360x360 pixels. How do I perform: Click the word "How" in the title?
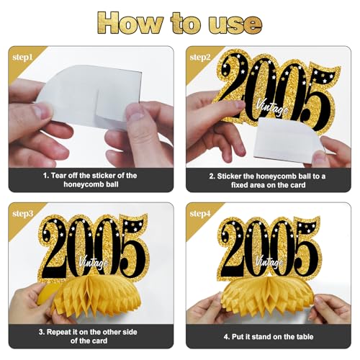130,23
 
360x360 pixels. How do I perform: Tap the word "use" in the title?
235,25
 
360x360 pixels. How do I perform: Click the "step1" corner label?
22,58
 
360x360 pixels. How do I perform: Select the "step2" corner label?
200,58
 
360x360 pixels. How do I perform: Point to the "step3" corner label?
22,214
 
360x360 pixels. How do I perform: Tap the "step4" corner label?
200,214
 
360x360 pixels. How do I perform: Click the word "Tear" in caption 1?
59,176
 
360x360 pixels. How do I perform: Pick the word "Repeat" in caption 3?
58,332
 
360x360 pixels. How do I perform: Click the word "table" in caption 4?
305,337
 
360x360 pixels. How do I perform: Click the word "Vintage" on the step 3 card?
93,262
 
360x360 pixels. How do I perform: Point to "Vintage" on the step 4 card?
269,261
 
